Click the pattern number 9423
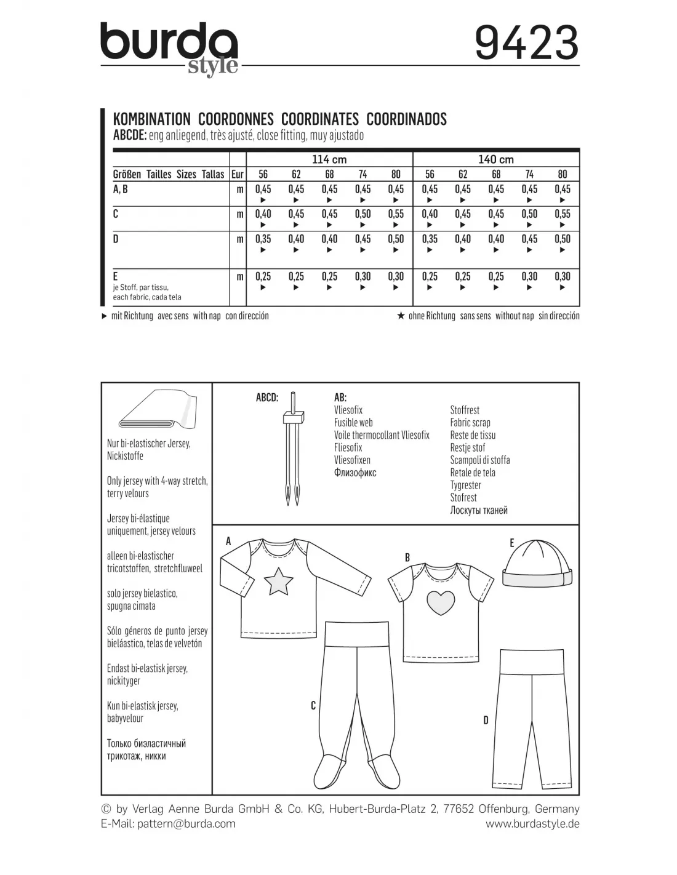point(527,42)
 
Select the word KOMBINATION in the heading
point(152,119)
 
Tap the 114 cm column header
point(329,159)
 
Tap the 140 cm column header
point(496,159)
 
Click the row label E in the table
point(116,276)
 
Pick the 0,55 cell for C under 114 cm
point(396,214)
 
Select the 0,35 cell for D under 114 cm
point(263,239)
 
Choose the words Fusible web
point(354,423)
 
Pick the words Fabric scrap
point(470,423)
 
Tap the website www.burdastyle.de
point(532,823)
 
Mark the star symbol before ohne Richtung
point(401,316)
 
